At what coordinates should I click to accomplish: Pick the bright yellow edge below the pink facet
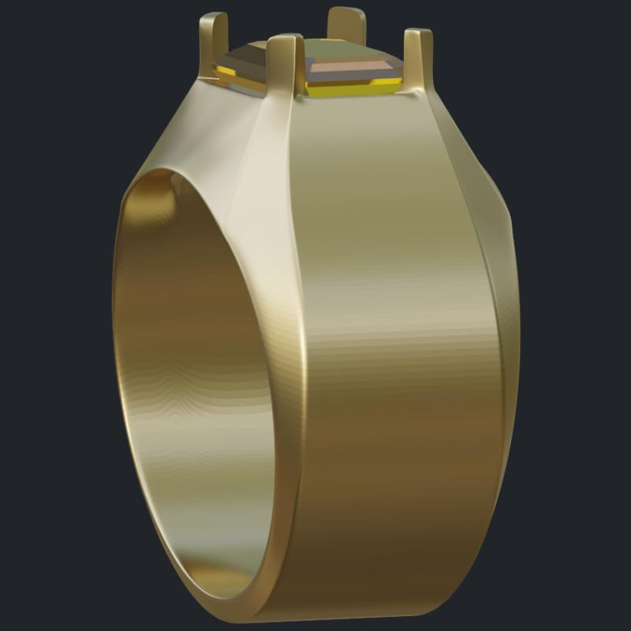tap(355, 91)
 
